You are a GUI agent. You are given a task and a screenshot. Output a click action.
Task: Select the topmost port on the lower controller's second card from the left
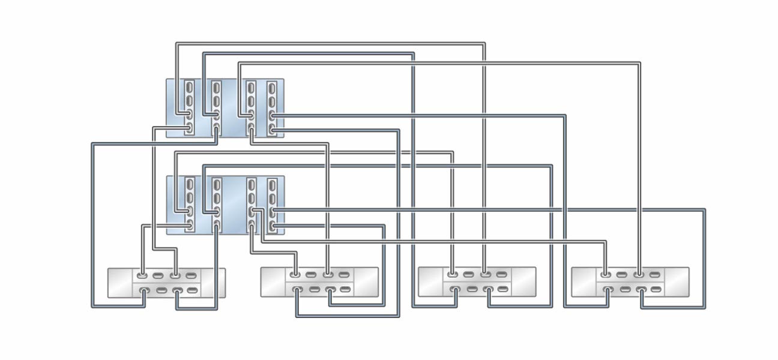coord(216,183)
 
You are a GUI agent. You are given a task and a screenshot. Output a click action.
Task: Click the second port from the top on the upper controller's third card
coord(251,100)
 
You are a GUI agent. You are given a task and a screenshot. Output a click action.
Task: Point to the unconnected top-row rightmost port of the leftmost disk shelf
coord(191,276)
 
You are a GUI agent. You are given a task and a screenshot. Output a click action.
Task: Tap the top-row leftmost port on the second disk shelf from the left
coord(295,276)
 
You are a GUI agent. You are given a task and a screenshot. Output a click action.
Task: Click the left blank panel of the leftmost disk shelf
coord(119,283)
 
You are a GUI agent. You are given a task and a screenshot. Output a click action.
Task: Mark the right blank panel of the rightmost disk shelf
coord(677,282)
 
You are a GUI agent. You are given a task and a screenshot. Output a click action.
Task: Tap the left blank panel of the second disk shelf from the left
coord(274,282)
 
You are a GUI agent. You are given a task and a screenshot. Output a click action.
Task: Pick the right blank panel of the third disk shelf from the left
coord(523,282)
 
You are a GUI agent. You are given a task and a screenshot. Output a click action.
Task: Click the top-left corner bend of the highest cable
coord(176,43)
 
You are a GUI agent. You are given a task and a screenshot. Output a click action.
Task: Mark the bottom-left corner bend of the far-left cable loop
coord(92,307)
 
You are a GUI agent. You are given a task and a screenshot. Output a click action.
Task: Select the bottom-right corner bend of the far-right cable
coord(704,307)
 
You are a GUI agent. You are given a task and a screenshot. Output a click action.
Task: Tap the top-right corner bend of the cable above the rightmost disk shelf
coord(640,62)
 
